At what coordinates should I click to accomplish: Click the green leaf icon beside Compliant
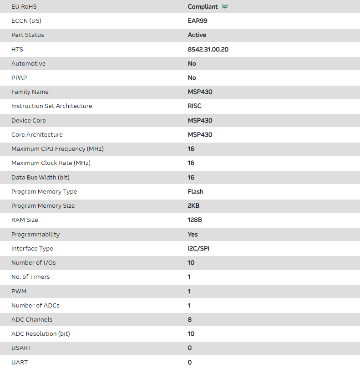click(225, 7)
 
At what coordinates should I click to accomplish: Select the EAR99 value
click(198, 20)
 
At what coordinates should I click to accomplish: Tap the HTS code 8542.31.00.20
click(208, 49)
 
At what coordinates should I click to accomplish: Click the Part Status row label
click(28, 35)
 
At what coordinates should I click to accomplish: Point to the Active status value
click(197, 35)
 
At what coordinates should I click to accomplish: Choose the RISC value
click(194, 106)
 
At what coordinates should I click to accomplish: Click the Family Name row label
click(30, 92)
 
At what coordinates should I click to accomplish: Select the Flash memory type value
click(195, 192)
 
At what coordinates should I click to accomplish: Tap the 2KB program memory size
click(193, 206)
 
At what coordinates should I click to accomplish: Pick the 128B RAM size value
click(195, 220)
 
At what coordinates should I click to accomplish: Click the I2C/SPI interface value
click(198, 249)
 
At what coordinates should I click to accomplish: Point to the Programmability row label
click(35, 235)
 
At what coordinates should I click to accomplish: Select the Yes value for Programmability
click(193, 235)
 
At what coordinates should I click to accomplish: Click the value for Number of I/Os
click(191, 263)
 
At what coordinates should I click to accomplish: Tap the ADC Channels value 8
click(189, 320)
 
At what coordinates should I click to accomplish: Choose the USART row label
click(21, 348)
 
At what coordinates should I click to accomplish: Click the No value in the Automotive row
click(192, 64)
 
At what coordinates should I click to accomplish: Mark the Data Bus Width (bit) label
click(41, 178)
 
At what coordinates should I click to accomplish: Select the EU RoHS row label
click(24, 7)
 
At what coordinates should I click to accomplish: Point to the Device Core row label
click(29, 121)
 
